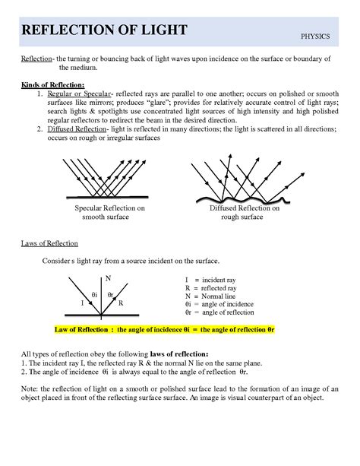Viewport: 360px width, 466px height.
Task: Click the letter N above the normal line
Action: click(x=106, y=279)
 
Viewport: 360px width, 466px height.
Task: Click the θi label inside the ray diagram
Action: click(x=94, y=293)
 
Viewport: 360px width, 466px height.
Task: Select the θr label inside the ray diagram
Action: click(x=111, y=293)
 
